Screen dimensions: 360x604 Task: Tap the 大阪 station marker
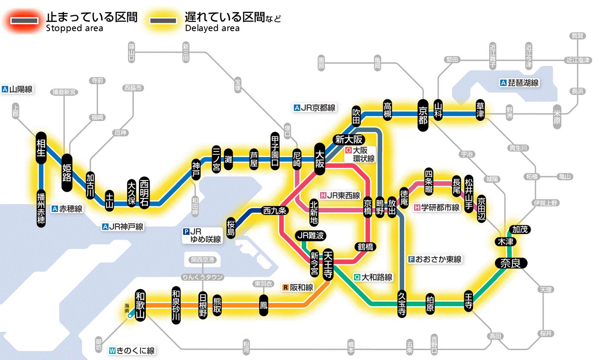click(320, 159)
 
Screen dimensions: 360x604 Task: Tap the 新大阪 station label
click(349, 139)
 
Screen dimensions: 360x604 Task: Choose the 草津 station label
click(480, 111)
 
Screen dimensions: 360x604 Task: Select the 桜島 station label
click(231, 227)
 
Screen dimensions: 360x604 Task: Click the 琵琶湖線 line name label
click(520, 83)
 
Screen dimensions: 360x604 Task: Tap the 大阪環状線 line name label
click(360, 155)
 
